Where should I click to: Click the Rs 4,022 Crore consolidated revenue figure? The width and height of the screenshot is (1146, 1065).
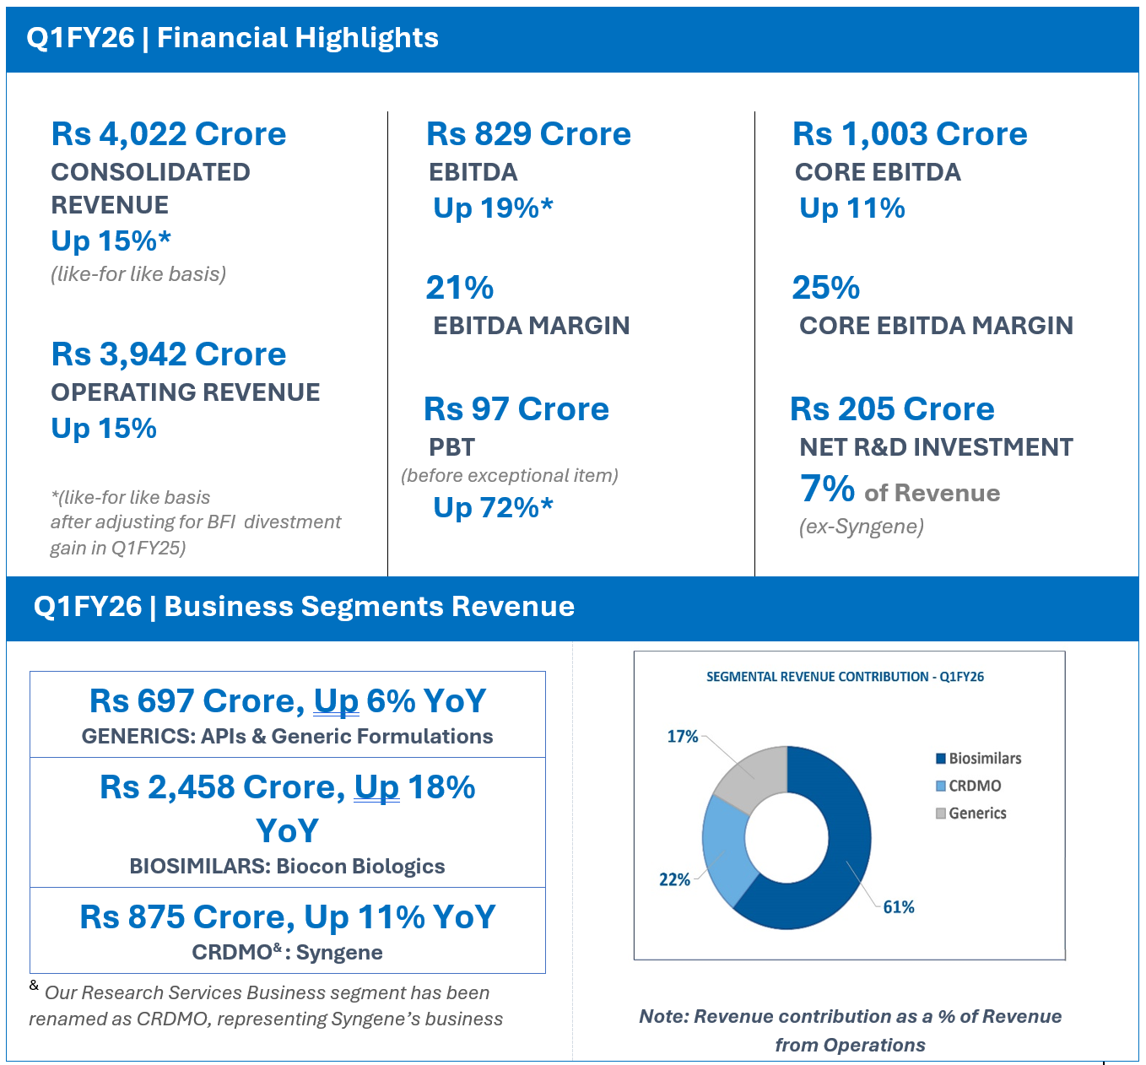(169, 134)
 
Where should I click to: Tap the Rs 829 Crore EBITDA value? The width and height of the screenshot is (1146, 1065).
(528, 134)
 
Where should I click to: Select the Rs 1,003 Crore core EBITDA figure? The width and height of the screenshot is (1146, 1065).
(910, 134)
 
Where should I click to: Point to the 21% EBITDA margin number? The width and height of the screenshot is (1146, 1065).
(460, 288)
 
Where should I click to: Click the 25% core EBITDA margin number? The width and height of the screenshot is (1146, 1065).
(825, 288)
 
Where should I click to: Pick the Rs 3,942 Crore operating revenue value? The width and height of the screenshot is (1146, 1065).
(169, 354)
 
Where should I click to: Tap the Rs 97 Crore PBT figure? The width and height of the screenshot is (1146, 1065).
(516, 408)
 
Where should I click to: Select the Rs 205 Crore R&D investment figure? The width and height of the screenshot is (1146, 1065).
(892, 408)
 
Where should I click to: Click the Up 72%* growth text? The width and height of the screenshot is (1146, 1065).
(494, 508)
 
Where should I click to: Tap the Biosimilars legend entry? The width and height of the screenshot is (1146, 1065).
(979, 759)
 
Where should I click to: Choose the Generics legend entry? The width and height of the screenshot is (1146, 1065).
(971, 814)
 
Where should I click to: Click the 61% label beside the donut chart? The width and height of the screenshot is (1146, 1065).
(899, 907)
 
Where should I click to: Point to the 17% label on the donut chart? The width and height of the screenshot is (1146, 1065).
(683, 737)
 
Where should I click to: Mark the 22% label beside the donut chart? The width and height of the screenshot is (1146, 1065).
(674, 879)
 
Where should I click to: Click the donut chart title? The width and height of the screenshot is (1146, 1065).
(845, 677)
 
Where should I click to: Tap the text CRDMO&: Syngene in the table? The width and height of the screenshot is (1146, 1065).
(288, 952)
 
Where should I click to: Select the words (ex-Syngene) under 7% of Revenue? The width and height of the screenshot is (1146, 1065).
(862, 527)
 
